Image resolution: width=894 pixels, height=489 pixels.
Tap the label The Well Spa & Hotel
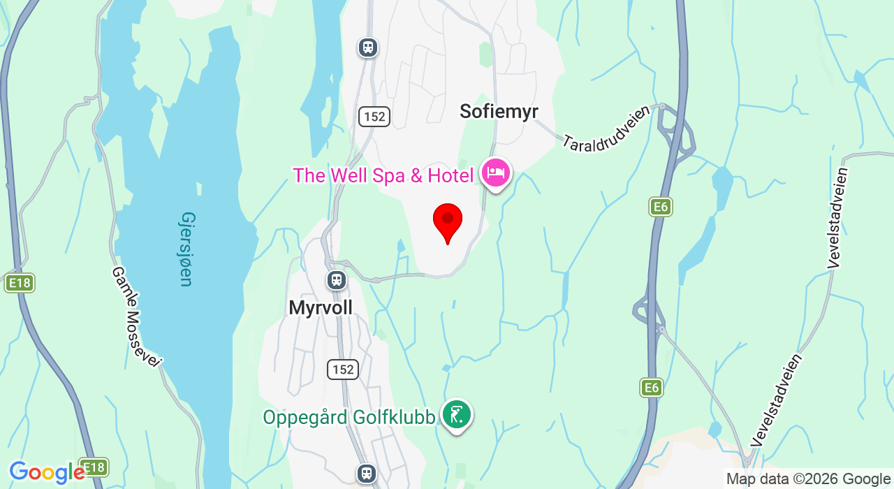pyautogui.click(x=383, y=175)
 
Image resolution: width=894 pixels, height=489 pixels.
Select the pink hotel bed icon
pyautogui.click(x=496, y=173)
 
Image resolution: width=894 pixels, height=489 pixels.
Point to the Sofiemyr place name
pyautogui.click(x=499, y=111)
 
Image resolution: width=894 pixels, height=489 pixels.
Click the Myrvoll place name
pyautogui.click(x=321, y=307)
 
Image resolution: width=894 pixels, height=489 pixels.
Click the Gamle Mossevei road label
pyautogui.click(x=136, y=316)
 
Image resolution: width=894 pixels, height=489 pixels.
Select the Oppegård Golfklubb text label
pyautogui.click(x=349, y=418)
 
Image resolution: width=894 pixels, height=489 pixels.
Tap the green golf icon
pyautogui.click(x=457, y=415)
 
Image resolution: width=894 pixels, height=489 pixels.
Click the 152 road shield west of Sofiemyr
pyautogui.click(x=374, y=117)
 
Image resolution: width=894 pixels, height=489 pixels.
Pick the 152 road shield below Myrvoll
pyautogui.click(x=343, y=370)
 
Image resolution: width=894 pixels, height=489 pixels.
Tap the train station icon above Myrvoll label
pyautogui.click(x=337, y=280)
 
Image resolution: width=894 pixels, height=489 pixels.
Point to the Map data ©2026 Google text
pyautogui.click(x=807, y=479)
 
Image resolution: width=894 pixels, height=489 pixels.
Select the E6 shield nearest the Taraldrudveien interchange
pyautogui.click(x=660, y=206)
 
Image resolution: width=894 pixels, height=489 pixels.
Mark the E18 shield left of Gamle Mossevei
pyautogui.click(x=19, y=283)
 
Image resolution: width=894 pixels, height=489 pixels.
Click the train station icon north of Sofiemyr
pyautogui.click(x=367, y=48)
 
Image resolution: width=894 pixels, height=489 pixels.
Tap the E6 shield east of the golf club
pyautogui.click(x=651, y=388)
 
